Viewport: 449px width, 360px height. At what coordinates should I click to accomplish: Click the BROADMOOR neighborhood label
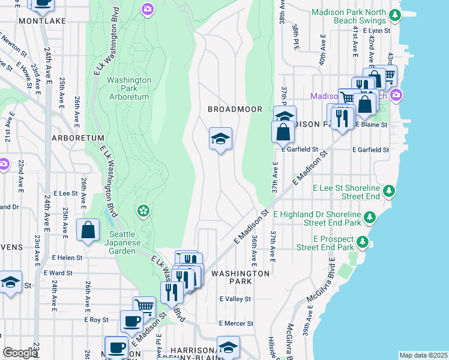(x=227, y=109)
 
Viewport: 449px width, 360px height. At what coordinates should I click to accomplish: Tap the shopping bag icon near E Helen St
(x=88, y=230)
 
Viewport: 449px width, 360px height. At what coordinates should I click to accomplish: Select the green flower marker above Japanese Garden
(x=143, y=210)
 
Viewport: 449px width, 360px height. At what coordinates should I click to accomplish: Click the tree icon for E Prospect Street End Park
(x=362, y=242)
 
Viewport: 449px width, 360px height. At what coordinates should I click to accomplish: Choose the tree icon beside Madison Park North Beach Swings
(x=394, y=16)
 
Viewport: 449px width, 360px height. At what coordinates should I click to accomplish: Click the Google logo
(x=20, y=353)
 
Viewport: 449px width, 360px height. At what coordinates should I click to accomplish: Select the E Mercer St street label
(x=236, y=323)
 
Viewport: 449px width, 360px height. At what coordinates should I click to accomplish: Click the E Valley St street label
(x=234, y=298)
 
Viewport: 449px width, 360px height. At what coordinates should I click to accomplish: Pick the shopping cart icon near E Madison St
(x=145, y=306)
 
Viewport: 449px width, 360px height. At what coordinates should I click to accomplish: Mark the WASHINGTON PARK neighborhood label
(x=240, y=277)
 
